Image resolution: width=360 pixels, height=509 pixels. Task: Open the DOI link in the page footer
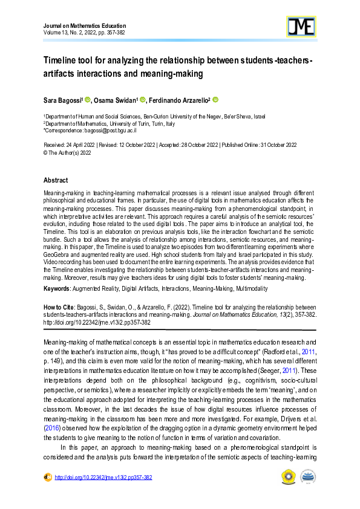point(103,477)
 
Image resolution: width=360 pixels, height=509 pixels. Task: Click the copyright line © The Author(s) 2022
point(67,152)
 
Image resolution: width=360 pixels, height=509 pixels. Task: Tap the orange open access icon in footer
point(47,477)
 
